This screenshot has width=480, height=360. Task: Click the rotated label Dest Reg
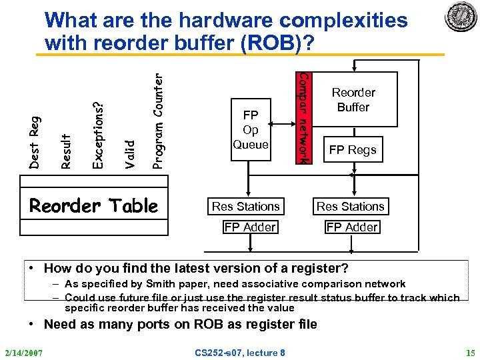[x=36, y=141]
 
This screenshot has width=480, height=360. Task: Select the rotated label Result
[x=67, y=150]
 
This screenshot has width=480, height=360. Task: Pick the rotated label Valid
[x=131, y=153]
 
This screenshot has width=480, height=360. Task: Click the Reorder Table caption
[x=94, y=206]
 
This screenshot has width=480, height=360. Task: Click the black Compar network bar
[x=301, y=117]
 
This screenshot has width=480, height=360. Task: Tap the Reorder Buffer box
[x=353, y=100]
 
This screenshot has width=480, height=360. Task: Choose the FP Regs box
[x=353, y=150]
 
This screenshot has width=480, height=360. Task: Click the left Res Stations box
[x=246, y=207]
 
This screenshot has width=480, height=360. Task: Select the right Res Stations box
[x=351, y=207]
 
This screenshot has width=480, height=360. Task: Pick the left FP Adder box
[x=250, y=227]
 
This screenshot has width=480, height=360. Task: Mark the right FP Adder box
[x=352, y=227]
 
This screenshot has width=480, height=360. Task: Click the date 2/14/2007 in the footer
[x=24, y=352]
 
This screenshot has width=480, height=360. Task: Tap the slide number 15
[x=471, y=352]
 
